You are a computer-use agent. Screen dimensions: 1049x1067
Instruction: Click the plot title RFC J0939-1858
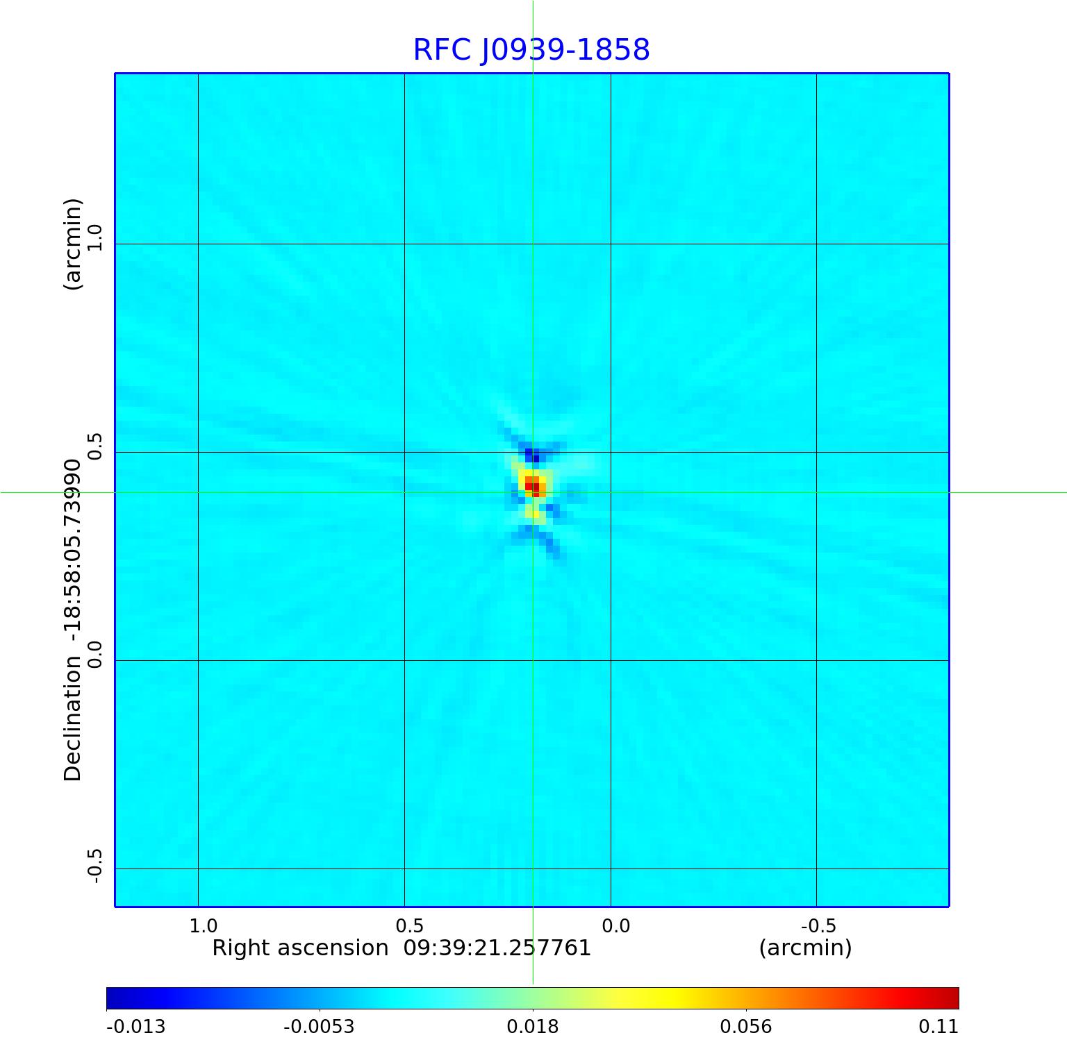point(531,50)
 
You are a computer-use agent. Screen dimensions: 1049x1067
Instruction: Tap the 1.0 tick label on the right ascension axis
point(203,926)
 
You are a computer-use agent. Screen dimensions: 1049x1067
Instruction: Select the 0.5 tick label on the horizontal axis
point(409,926)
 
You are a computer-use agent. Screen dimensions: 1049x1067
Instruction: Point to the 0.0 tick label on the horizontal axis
point(615,926)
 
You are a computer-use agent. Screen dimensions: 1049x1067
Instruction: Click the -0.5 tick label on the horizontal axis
point(818,926)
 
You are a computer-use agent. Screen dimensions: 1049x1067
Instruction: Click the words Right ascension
point(300,948)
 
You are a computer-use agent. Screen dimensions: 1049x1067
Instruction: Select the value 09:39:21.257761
point(497,948)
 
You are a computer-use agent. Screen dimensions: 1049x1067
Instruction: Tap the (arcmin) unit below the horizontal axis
point(805,948)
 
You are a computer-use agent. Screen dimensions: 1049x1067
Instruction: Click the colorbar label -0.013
point(135,1027)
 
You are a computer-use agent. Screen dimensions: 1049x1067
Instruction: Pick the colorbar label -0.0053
point(319,1027)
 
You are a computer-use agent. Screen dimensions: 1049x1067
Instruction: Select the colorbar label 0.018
point(533,1027)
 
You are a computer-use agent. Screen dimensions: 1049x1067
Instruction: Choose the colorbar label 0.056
point(745,1027)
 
